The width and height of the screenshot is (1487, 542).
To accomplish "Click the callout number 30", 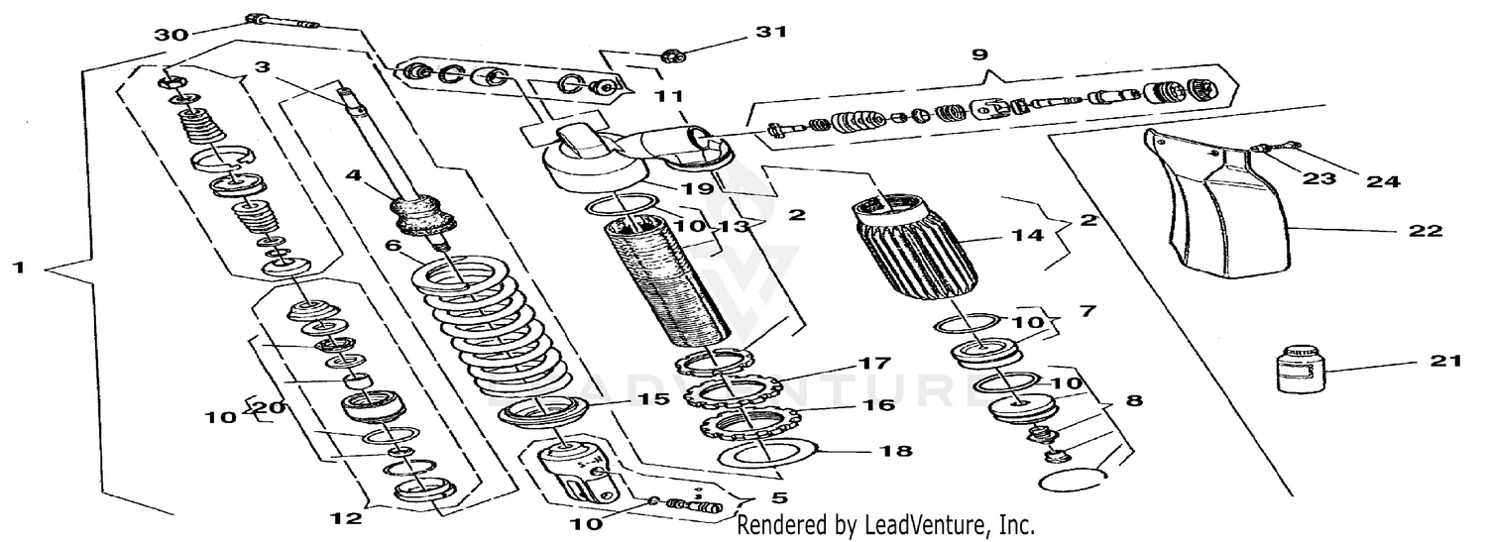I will point(170,35).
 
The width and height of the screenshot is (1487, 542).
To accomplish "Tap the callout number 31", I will point(770,32).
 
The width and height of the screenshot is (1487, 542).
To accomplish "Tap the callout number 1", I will point(18,268).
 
